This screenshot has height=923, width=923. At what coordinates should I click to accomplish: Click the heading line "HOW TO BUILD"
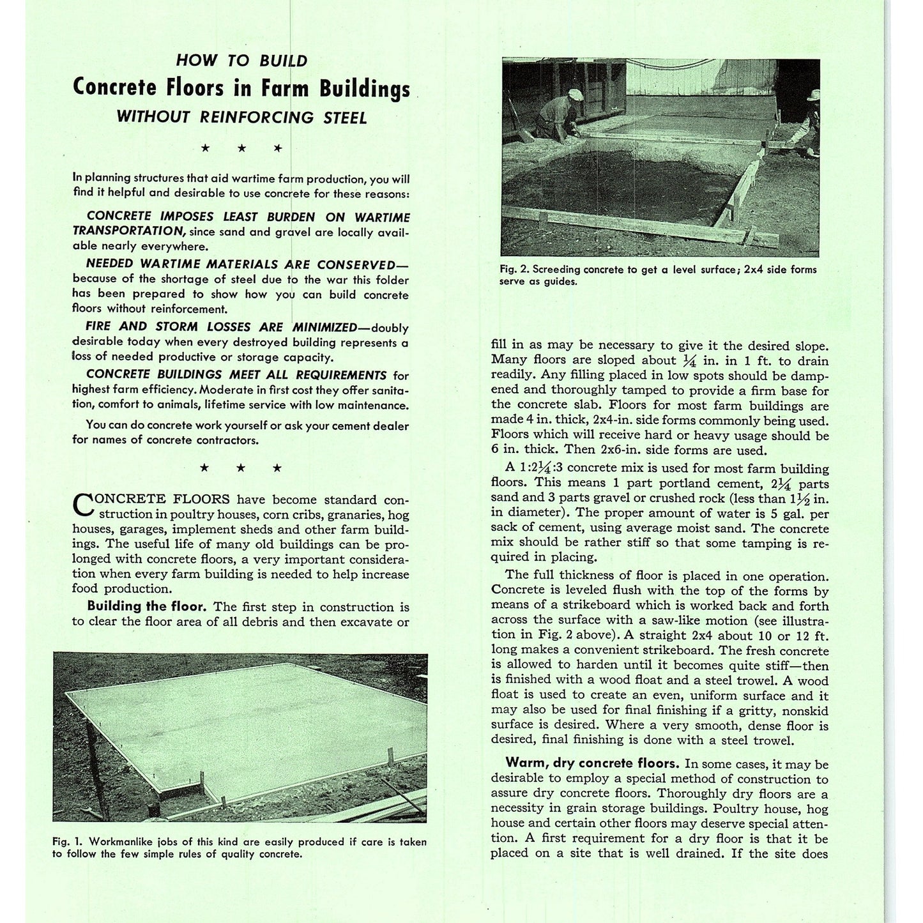pos(241,61)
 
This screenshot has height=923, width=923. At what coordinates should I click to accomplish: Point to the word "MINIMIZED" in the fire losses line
pos(324,327)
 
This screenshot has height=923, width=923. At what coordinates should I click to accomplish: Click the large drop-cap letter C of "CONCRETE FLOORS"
pos(82,504)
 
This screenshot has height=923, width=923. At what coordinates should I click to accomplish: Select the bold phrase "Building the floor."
pos(146,606)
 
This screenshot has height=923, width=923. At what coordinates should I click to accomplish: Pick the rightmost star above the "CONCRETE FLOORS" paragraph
pos(277,468)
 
